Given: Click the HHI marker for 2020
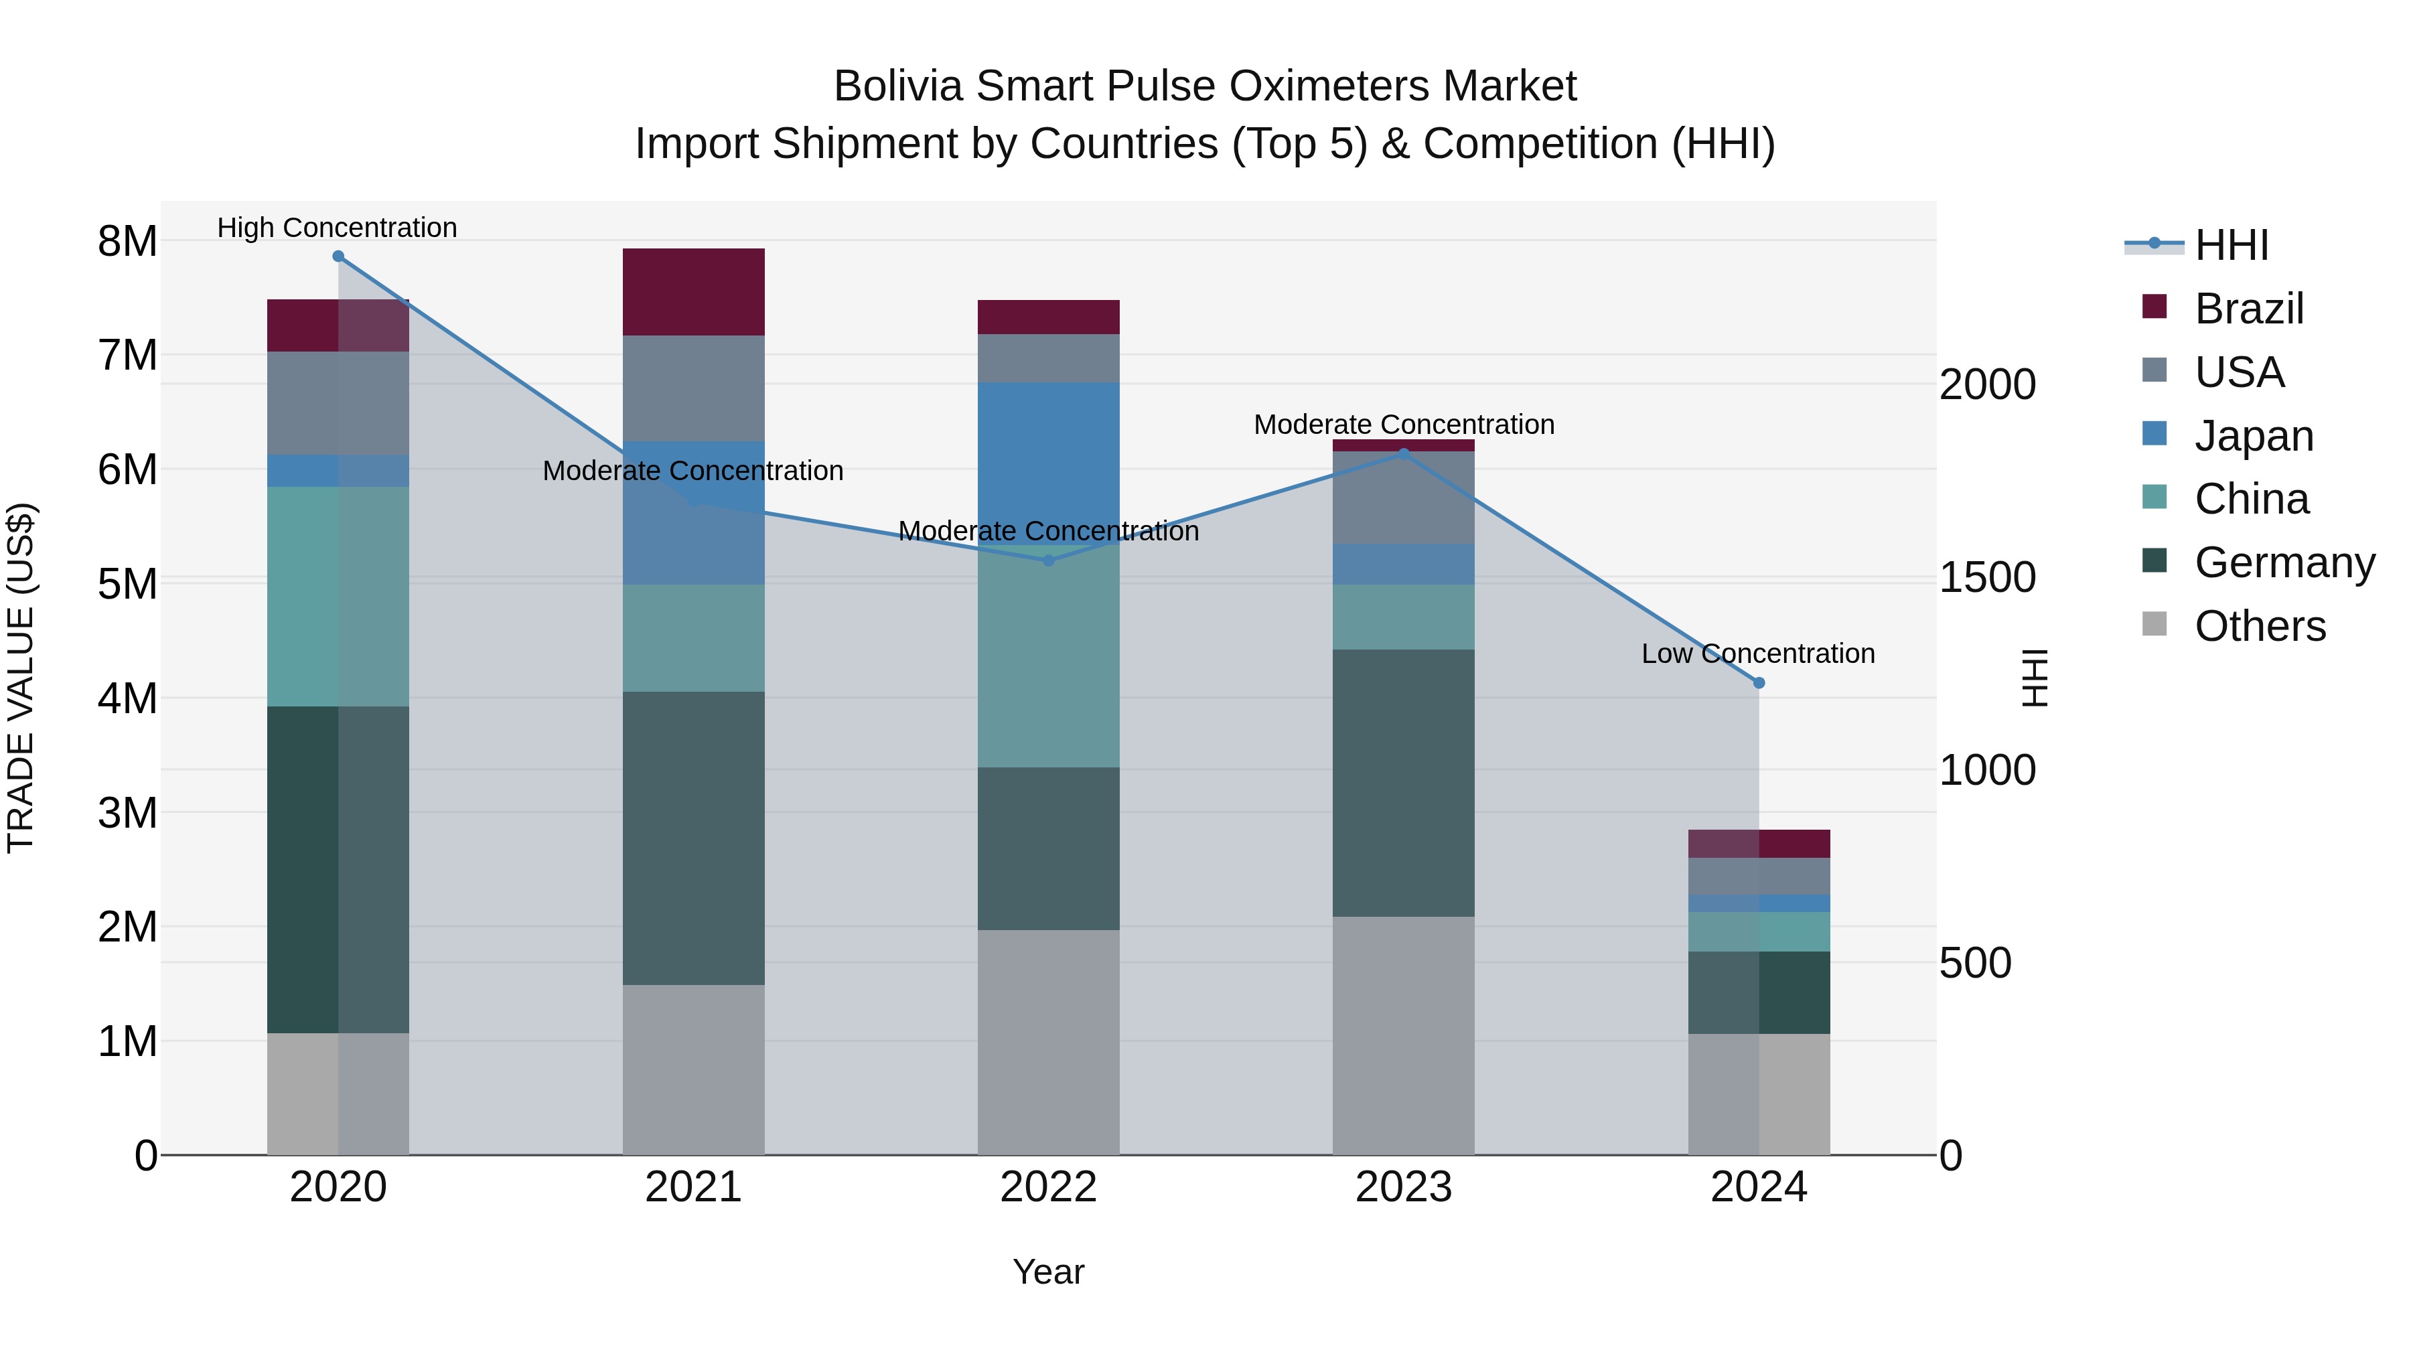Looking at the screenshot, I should [x=338, y=256].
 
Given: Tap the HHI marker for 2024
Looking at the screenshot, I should [x=1759, y=683].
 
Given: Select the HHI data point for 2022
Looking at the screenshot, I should [x=1048, y=560].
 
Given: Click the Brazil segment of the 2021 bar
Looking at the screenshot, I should [x=694, y=292].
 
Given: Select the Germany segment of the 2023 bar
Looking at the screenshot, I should [x=1403, y=782].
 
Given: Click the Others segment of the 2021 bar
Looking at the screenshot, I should [x=694, y=1069].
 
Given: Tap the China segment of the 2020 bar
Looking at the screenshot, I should [x=338, y=596].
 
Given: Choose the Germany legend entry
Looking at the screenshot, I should [x=2284, y=562].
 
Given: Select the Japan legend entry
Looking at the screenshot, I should [x=2253, y=436].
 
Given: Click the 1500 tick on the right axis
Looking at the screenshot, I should [x=1986, y=577].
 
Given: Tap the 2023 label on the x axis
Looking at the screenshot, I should [x=1403, y=1187].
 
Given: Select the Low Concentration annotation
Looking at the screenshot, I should [x=1758, y=653].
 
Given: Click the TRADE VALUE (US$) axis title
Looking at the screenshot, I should [x=21, y=678].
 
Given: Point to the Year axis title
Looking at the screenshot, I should [x=1048, y=1272].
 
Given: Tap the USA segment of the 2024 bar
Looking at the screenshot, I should [x=1759, y=876].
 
